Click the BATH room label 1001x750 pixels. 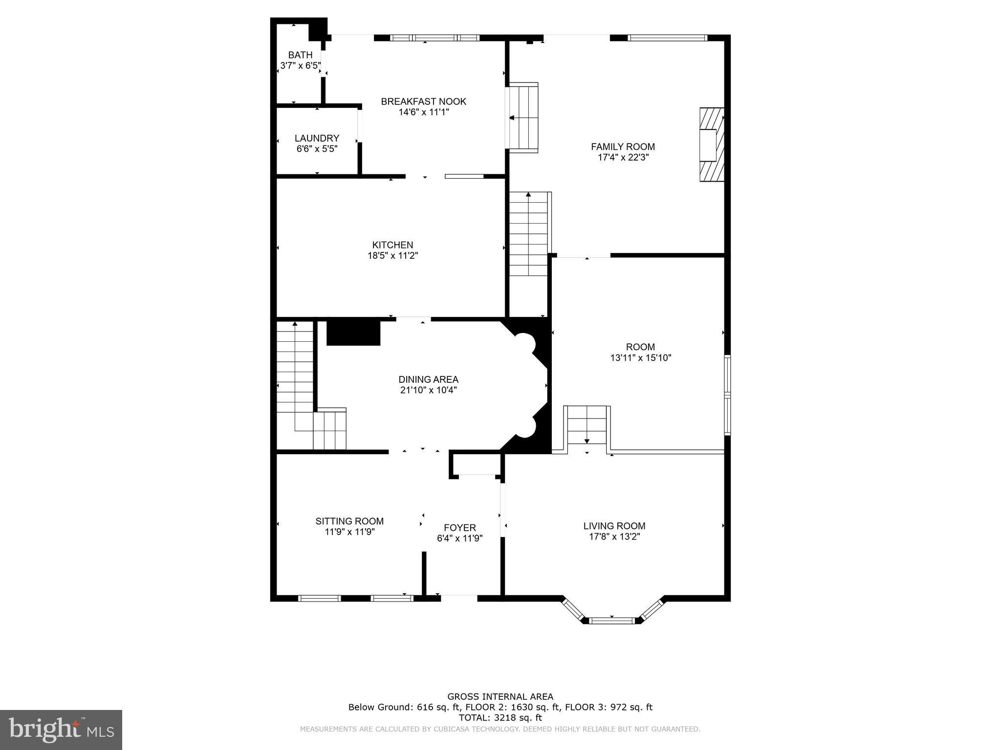[x=300, y=55]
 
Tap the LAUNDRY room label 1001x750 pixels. [x=317, y=138]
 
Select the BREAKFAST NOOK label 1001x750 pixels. [x=424, y=102]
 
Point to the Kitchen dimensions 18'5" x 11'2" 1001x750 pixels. [x=393, y=255]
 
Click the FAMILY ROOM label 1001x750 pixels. [x=623, y=146]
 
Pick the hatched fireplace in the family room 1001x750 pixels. [x=712, y=145]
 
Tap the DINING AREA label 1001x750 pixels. [x=429, y=379]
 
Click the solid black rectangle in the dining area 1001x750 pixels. [x=353, y=333]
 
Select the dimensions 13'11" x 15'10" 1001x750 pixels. [x=641, y=358]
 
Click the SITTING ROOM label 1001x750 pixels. [x=349, y=521]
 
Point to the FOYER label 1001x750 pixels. [x=460, y=528]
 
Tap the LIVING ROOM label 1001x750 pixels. [x=614, y=526]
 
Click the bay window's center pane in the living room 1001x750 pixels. [x=612, y=621]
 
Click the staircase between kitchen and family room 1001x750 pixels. [x=528, y=234]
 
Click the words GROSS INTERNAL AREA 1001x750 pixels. [x=500, y=697]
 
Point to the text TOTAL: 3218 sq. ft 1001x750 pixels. [x=500, y=718]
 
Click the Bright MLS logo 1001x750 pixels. [x=61, y=729]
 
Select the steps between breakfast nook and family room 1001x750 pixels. [x=523, y=118]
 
